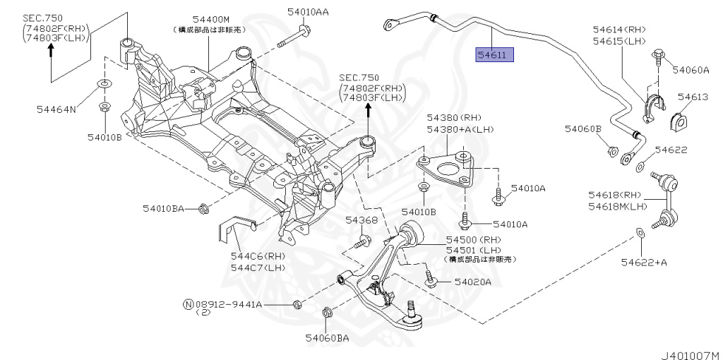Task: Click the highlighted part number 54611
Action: (x=495, y=54)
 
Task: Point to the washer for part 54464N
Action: (x=103, y=85)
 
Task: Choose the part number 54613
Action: (x=692, y=97)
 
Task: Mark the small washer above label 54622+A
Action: (x=640, y=232)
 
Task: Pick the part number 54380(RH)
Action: (x=453, y=116)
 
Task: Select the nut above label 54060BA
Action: (x=327, y=313)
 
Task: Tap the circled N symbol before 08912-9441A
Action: (x=188, y=304)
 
